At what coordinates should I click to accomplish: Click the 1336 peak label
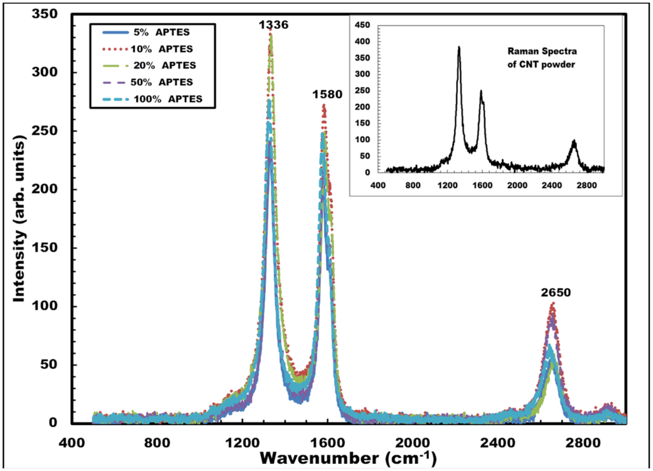click(x=274, y=25)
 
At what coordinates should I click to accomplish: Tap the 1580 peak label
click(x=327, y=95)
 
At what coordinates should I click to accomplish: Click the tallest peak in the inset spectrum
click(x=459, y=47)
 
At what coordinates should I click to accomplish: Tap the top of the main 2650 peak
click(x=552, y=305)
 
